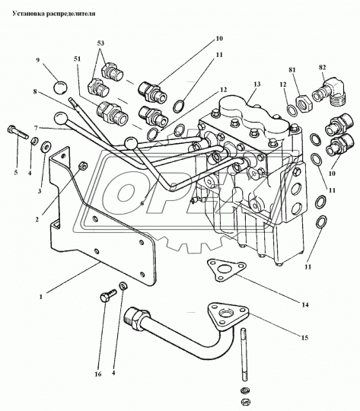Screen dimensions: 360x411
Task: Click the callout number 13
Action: coord(257,84)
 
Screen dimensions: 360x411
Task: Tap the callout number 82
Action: coord(322,68)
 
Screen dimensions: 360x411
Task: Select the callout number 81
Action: coord(292,70)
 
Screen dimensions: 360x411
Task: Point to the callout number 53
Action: coord(100,43)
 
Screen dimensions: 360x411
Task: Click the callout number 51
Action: coord(77,59)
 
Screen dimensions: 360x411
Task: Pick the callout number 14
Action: coord(305,304)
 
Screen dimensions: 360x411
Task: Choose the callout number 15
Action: coord(304,338)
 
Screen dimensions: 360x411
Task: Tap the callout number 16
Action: coord(97,374)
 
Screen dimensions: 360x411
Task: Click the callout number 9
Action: coord(38,60)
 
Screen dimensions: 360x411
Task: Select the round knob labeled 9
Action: coord(60,87)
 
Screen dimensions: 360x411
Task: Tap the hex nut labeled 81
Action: coord(304,103)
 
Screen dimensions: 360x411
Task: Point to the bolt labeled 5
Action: coord(18,132)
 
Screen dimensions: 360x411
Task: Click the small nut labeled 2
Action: coord(84,165)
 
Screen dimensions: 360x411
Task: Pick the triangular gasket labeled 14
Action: coord(226,269)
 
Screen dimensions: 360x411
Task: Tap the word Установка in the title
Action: coord(29,14)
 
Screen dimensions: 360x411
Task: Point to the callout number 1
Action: coord(40,297)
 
